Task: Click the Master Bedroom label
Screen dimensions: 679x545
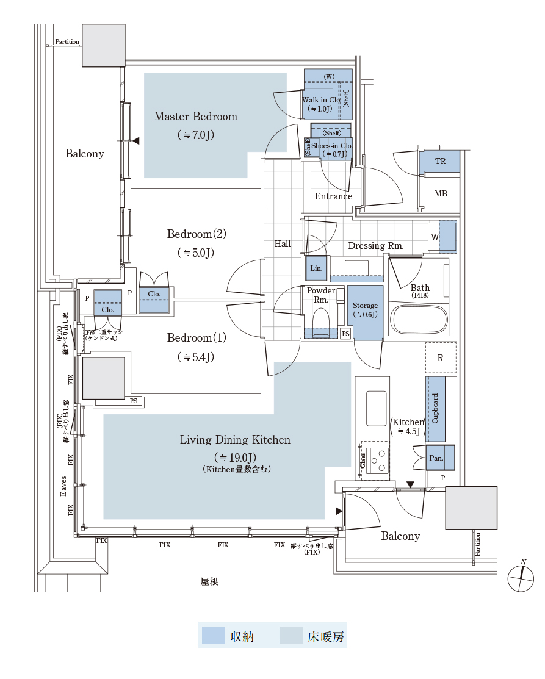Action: (x=195, y=117)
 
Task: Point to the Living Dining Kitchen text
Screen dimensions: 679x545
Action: (x=235, y=440)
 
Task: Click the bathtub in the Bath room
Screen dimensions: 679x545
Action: (x=419, y=319)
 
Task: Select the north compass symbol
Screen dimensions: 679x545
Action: (x=521, y=577)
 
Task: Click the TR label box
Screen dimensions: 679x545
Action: (x=440, y=162)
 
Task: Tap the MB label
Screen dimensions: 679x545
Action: (x=441, y=194)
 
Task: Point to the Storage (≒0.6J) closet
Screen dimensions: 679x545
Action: (x=365, y=311)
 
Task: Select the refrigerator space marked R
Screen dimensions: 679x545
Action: (x=441, y=359)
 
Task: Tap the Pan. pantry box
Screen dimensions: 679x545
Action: (x=436, y=458)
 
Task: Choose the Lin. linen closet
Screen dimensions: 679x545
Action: (x=316, y=268)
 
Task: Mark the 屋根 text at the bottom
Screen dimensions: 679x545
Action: (x=209, y=582)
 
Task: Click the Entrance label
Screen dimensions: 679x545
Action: (x=333, y=196)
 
